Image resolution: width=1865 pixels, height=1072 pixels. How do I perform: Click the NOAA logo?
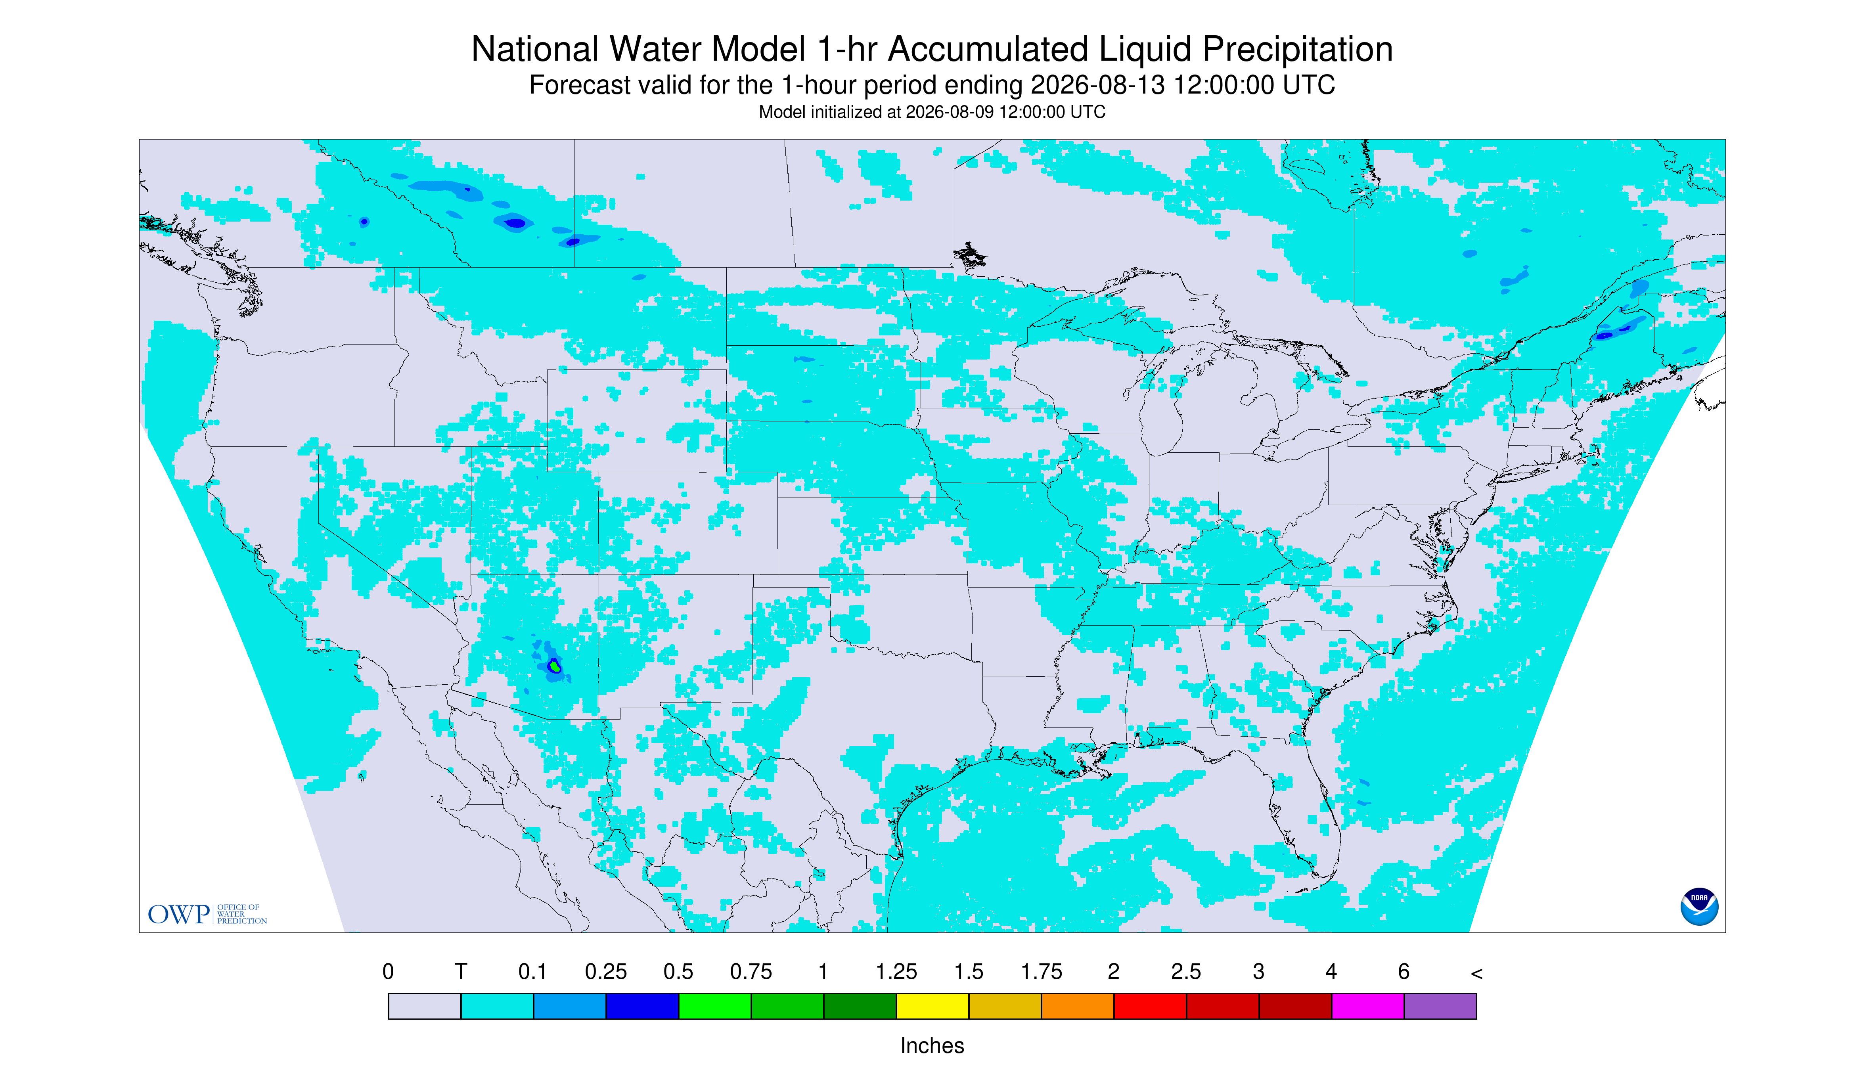(1698, 906)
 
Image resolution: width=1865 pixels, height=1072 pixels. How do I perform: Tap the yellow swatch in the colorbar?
(932, 1006)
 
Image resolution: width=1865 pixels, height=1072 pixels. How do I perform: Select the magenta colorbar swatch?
(1367, 1006)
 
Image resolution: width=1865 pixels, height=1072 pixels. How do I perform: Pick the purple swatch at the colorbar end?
(1440, 1006)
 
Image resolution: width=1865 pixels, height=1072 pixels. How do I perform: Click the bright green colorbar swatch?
(714, 1006)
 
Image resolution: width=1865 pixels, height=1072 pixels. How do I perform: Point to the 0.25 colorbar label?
(605, 972)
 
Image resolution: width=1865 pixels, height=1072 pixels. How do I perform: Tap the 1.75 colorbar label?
(1041, 972)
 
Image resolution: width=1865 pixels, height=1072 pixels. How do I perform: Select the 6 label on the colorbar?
(1404, 972)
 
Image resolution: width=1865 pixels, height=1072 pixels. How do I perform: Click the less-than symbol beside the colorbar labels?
(1476, 973)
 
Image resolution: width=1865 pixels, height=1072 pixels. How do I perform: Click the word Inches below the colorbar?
(932, 1045)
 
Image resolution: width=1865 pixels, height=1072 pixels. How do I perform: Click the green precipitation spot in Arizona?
(554, 666)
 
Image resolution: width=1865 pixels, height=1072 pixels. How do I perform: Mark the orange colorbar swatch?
(1077, 1006)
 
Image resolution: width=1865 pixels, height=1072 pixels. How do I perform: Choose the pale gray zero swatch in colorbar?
(424, 1006)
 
